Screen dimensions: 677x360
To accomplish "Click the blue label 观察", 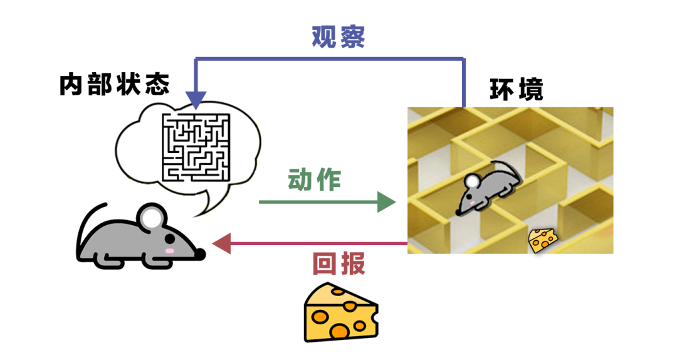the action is coord(338,38).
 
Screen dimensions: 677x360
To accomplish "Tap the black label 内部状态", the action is coord(115,85).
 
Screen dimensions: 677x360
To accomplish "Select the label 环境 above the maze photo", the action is coord(516,90).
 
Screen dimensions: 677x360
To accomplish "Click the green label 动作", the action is coord(314,181).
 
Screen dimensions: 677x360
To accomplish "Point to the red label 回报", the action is coord(338,265).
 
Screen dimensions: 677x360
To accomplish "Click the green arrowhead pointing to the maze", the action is coord(387,202).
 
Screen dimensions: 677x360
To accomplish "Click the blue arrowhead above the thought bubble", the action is coord(196,100).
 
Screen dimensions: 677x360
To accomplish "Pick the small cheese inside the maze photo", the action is coord(543,240).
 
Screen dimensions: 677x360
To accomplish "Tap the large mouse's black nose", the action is coord(201,253).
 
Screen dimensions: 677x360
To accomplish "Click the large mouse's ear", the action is coord(152,216).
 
